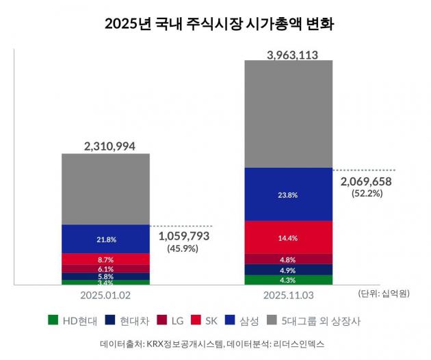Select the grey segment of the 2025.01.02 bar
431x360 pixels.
(x=105, y=189)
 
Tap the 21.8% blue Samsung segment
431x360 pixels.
(x=105, y=239)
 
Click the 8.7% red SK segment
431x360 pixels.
(x=105, y=259)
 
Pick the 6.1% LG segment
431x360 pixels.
(x=105, y=269)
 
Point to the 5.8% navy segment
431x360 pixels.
(x=105, y=277)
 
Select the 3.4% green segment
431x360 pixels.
(x=105, y=282)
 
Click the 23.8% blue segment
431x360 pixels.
(x=288, y=194)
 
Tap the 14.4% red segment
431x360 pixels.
(x=288, y=237)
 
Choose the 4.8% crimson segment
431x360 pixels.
(x=288, y=259)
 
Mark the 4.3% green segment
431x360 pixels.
(x=288, y=280)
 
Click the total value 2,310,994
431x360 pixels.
(x=105, y=146)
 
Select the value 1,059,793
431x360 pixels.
(x=183, y=235)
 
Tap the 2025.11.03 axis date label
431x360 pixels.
(x=288, y=295)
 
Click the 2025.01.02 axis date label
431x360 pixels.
(x=105, y=295)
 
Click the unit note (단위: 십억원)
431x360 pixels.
(x=383, y=294)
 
